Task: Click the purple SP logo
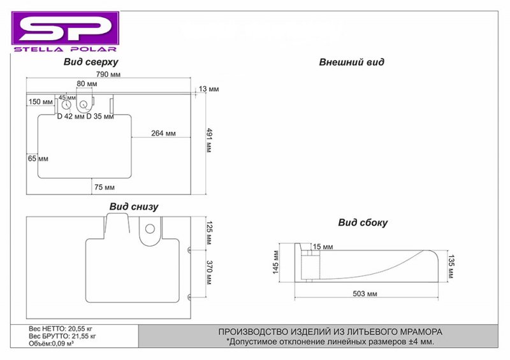tap(66, 32)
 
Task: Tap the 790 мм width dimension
tap(108, 75)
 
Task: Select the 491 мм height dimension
tap(208, 140)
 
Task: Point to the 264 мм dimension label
tap(163, 133)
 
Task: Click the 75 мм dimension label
tap(105, 187)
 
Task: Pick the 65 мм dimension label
tap(38, 159)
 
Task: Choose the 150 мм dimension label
tap(41, 102)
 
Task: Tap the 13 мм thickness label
tap(209, 89)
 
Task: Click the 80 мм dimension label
tap(87, 84)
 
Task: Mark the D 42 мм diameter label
tap(71, 116)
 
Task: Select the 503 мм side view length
tap(365, 294)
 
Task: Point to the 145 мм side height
tap(276, 262)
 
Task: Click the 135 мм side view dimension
tap(451, 266)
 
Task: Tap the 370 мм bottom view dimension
tap(210, 273)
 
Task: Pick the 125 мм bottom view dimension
tap(210, 233)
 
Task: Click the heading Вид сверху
tap(91, 62)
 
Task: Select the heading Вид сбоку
tap(363, 223)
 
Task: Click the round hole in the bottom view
tap(150, 229)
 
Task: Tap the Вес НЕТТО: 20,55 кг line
tap(61, 329)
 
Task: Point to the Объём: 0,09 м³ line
tap(51, 343)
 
